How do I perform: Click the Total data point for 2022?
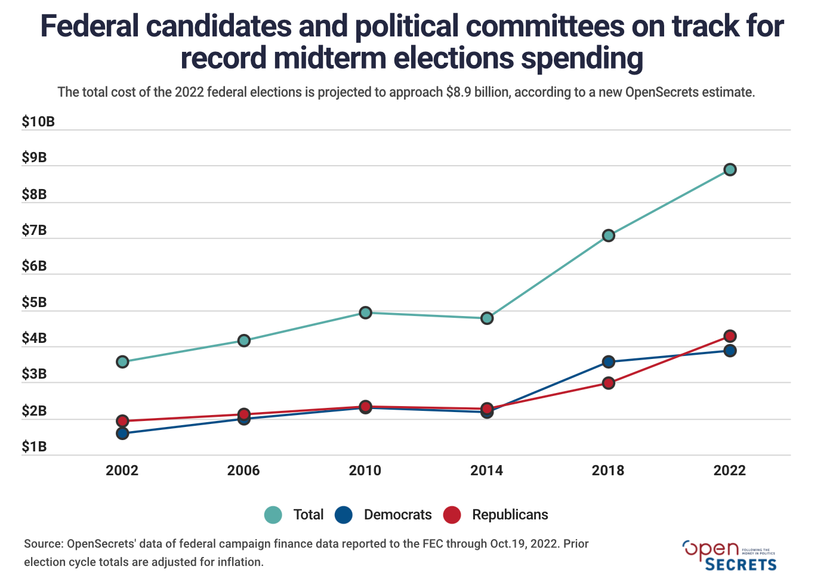(729, 170)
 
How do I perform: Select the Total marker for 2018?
(608, 236)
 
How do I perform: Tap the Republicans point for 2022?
(729, 336)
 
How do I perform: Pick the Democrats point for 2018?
(608, 362)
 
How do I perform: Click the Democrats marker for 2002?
(122, 434)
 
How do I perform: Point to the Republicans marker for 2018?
(608, 383)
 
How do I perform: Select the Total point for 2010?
(365, 312)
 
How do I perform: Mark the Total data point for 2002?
(122, 362)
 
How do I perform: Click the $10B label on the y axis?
(38, 122)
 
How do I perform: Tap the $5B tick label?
(34, 303)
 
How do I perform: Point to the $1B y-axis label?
(34, 447)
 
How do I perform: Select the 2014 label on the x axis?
(486, 471)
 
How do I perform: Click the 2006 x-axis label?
(243, 471)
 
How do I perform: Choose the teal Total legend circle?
(273, 515)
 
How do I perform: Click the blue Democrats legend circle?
(344, 515)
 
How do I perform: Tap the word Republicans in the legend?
(510, 515)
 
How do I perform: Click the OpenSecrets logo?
(729, 556)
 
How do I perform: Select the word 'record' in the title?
(223, 58)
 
